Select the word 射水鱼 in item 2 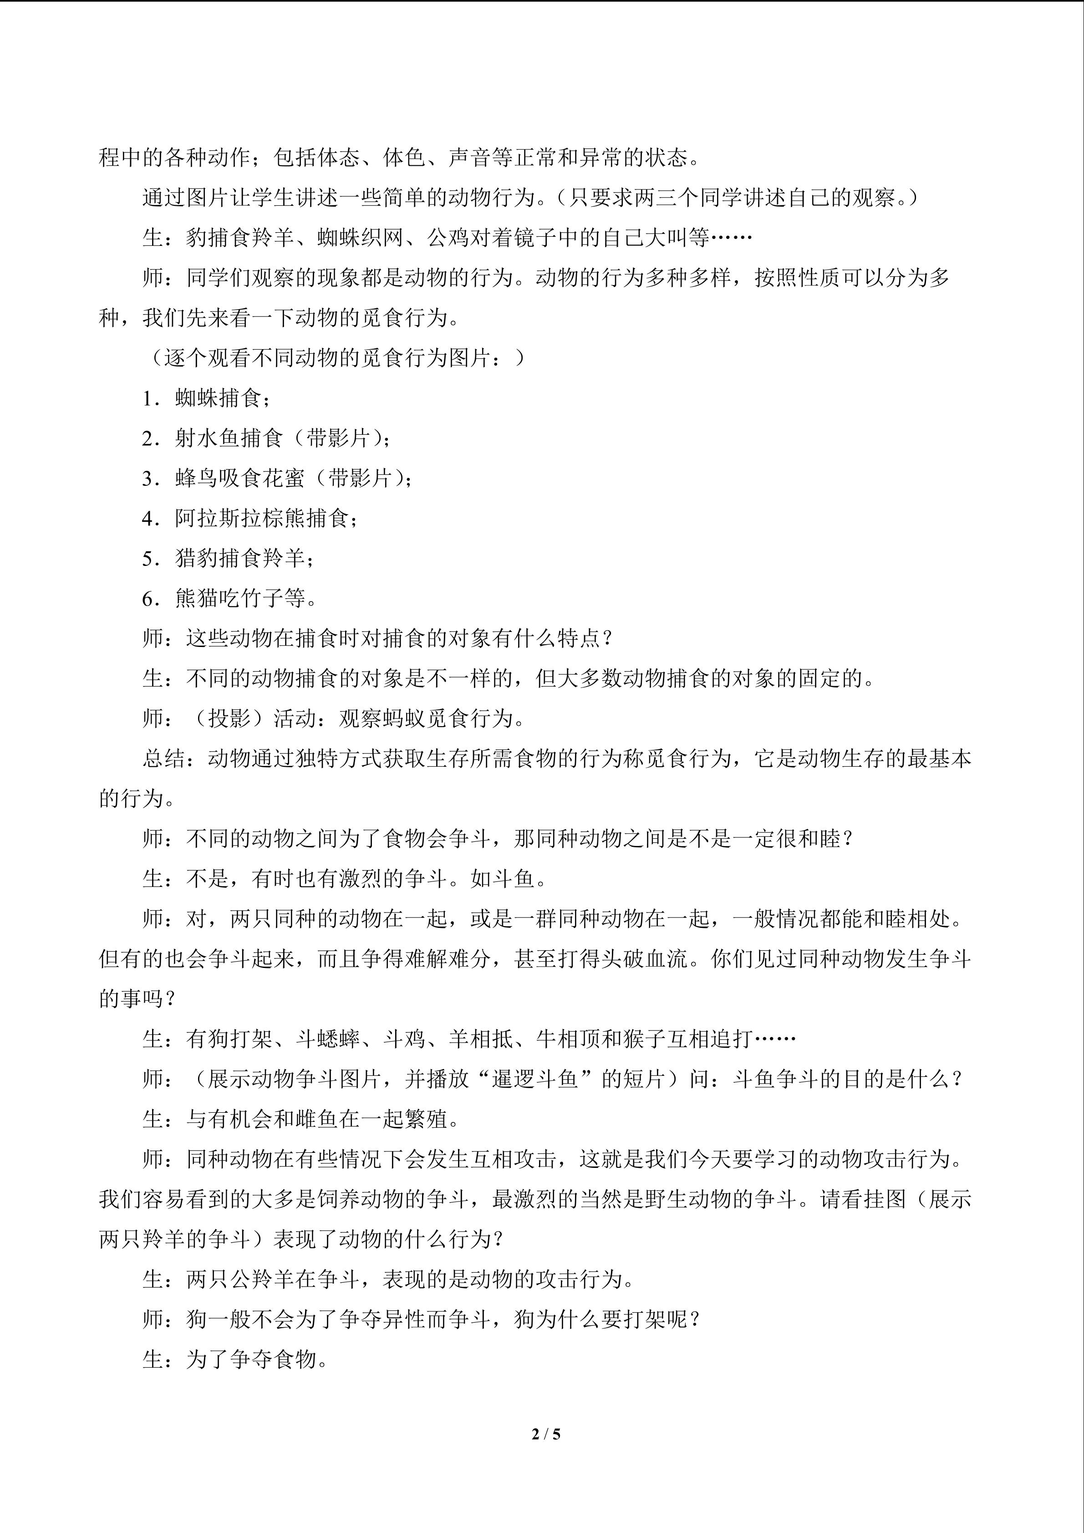click(x=208, y=438)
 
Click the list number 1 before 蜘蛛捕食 click(x=148, y=398)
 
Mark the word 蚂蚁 click(x=404, y=718)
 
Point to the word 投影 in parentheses click(x=229, y=718)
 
